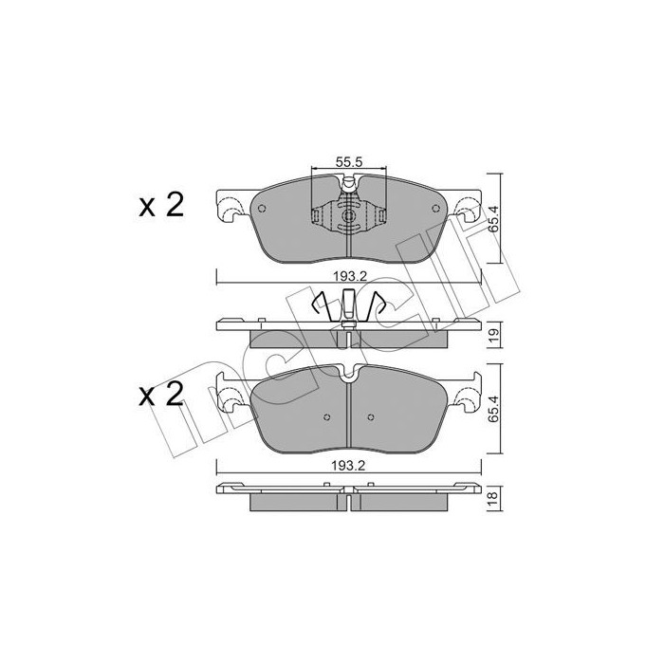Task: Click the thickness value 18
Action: (x=493, y=501)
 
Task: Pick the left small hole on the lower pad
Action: (x=325, y=416)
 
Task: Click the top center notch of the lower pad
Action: (x=349, y=372)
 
